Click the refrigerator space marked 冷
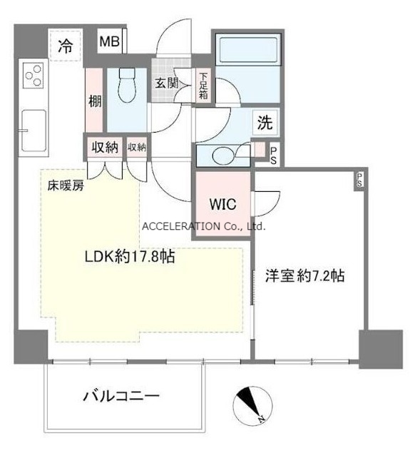click(x=66, y=45)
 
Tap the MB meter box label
click(x=109, y=42)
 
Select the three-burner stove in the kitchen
click(x=34, y=76)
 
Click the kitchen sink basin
click(x=34, y=131)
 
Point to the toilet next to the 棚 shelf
click(x=127, y=86)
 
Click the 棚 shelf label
click(x=95, y=101)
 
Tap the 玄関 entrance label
click(x=167, y=83)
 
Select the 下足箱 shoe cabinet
click(x=203, y=86)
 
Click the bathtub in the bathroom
click(x=248, y=50)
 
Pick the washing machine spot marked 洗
click(x=265, y=123)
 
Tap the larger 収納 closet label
click(x=105, y=148)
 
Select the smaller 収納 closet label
click(x=137, y=148)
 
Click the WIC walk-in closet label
click(x=222, y=204)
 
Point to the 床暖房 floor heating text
click(x=66, y=185)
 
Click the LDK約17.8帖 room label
click(x=130, y=256)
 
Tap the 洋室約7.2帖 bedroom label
click(x=305, y=275)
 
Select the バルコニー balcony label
click(x=121, y=396)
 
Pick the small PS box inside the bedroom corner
click(x=359, y=180)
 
